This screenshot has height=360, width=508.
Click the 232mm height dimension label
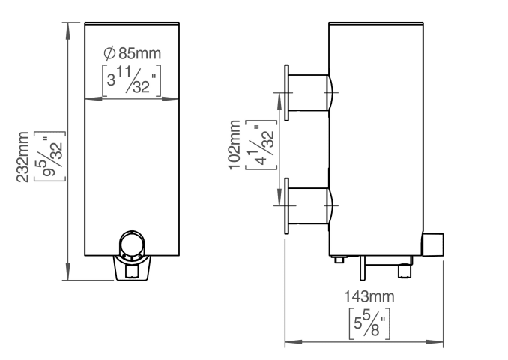coord(22,157)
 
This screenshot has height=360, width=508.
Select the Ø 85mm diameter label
coord(132,53)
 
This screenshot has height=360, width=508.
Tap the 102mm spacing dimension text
coord(235,145)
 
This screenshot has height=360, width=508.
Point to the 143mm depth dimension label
coord(369,296)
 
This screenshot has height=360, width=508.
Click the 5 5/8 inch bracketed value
coord(369,323)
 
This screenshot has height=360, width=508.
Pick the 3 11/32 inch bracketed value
coord(132,81)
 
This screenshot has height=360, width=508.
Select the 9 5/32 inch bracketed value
coord(49,156)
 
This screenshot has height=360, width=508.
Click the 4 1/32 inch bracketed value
coord(261,145)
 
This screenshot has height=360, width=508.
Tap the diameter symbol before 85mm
coord(109,53)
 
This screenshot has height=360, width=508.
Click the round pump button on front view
coord(132,243)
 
